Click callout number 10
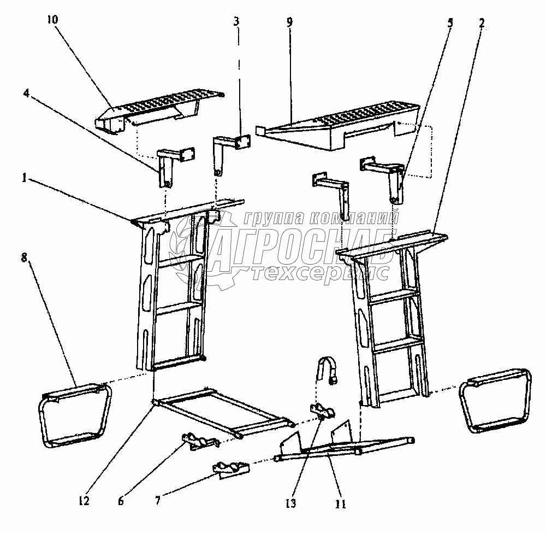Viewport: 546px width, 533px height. [52, 20]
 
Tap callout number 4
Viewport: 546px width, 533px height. [26, 93]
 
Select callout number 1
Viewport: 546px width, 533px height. [24, 178]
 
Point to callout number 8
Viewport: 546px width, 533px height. [24, 258]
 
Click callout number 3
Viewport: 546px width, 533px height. [236, 22]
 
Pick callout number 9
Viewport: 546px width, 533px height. [290, 22]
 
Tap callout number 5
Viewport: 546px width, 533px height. [450, 23]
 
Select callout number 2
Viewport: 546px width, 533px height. [482, 24]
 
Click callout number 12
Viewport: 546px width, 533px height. [84, 501]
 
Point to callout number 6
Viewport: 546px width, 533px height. [121, 501]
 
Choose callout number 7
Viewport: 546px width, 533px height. [158, 501]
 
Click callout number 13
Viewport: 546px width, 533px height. [290, 503]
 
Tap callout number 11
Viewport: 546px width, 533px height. [340, 504]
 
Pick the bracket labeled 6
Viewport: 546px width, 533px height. [199, 441]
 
